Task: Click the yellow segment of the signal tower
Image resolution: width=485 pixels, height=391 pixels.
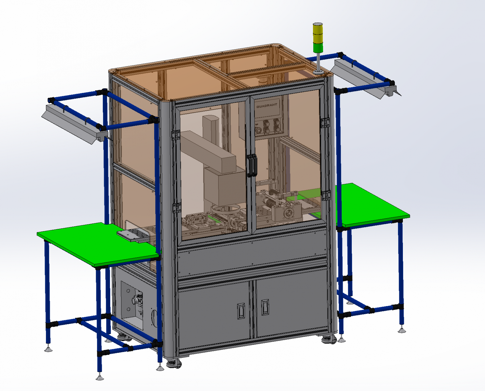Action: click(x=318, y=34)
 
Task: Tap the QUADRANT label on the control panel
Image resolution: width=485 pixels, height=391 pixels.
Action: click(x=267, y=106)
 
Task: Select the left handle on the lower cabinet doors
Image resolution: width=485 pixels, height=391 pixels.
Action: click(x=241, y=311)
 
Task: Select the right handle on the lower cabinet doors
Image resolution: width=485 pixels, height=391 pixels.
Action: click(x=265, y=307)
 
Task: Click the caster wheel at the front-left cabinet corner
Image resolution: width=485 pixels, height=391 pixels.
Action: click(x=174, y=364)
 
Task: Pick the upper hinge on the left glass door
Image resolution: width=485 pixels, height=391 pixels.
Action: click(x=176, y=135)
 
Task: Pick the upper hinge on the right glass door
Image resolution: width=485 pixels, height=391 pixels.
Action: click(x=325, y=123)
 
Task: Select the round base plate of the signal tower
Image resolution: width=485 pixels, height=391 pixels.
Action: click(x=318, y=72)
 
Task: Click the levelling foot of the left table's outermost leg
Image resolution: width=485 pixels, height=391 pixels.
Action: click(x=48, y=349)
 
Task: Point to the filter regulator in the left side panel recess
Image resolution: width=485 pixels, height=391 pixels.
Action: click(x=137, y=302)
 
